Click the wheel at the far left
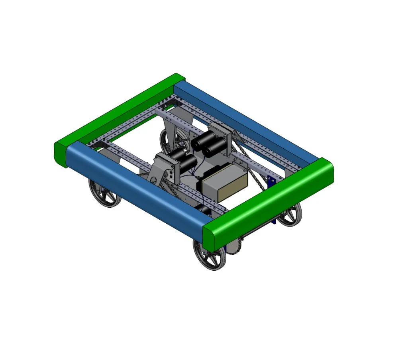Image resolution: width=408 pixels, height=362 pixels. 104,193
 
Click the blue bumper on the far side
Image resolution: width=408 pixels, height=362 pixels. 247,120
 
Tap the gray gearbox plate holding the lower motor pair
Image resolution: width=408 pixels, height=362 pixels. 163,167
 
